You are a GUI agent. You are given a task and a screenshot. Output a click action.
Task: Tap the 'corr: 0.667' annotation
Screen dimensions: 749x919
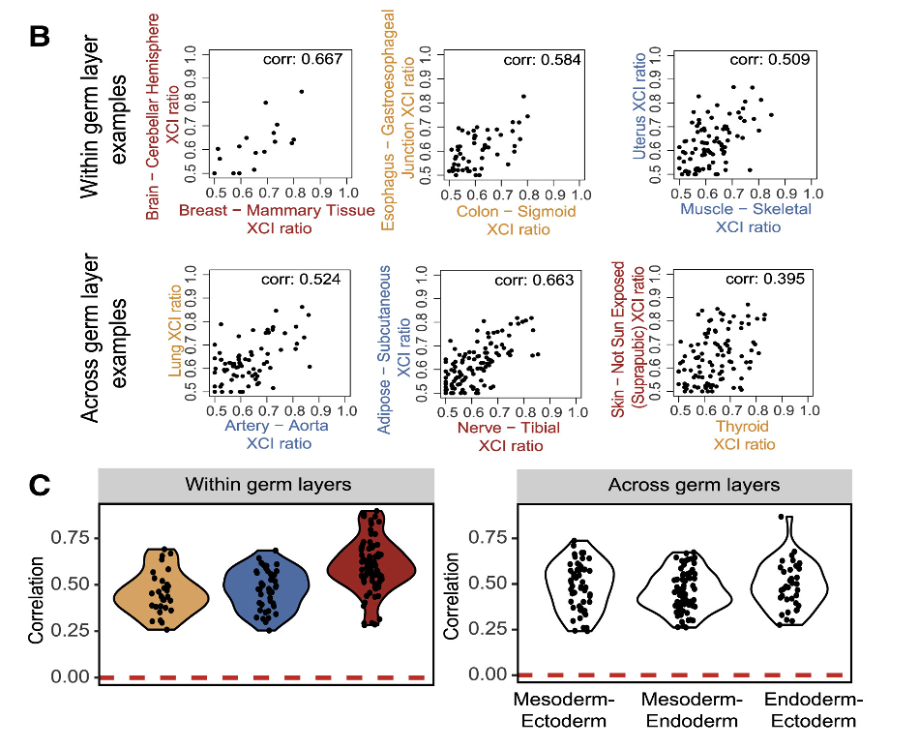pos(303,60)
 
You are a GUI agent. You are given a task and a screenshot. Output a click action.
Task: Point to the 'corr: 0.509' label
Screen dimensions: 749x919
pos(769,60)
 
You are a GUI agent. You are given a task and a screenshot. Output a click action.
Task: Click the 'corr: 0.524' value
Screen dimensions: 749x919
pos(303,281)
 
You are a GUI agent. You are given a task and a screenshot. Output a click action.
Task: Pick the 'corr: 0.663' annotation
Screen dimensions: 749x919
pos(534,281)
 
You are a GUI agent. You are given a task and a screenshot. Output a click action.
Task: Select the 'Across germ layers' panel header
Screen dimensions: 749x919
pos(684,485)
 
